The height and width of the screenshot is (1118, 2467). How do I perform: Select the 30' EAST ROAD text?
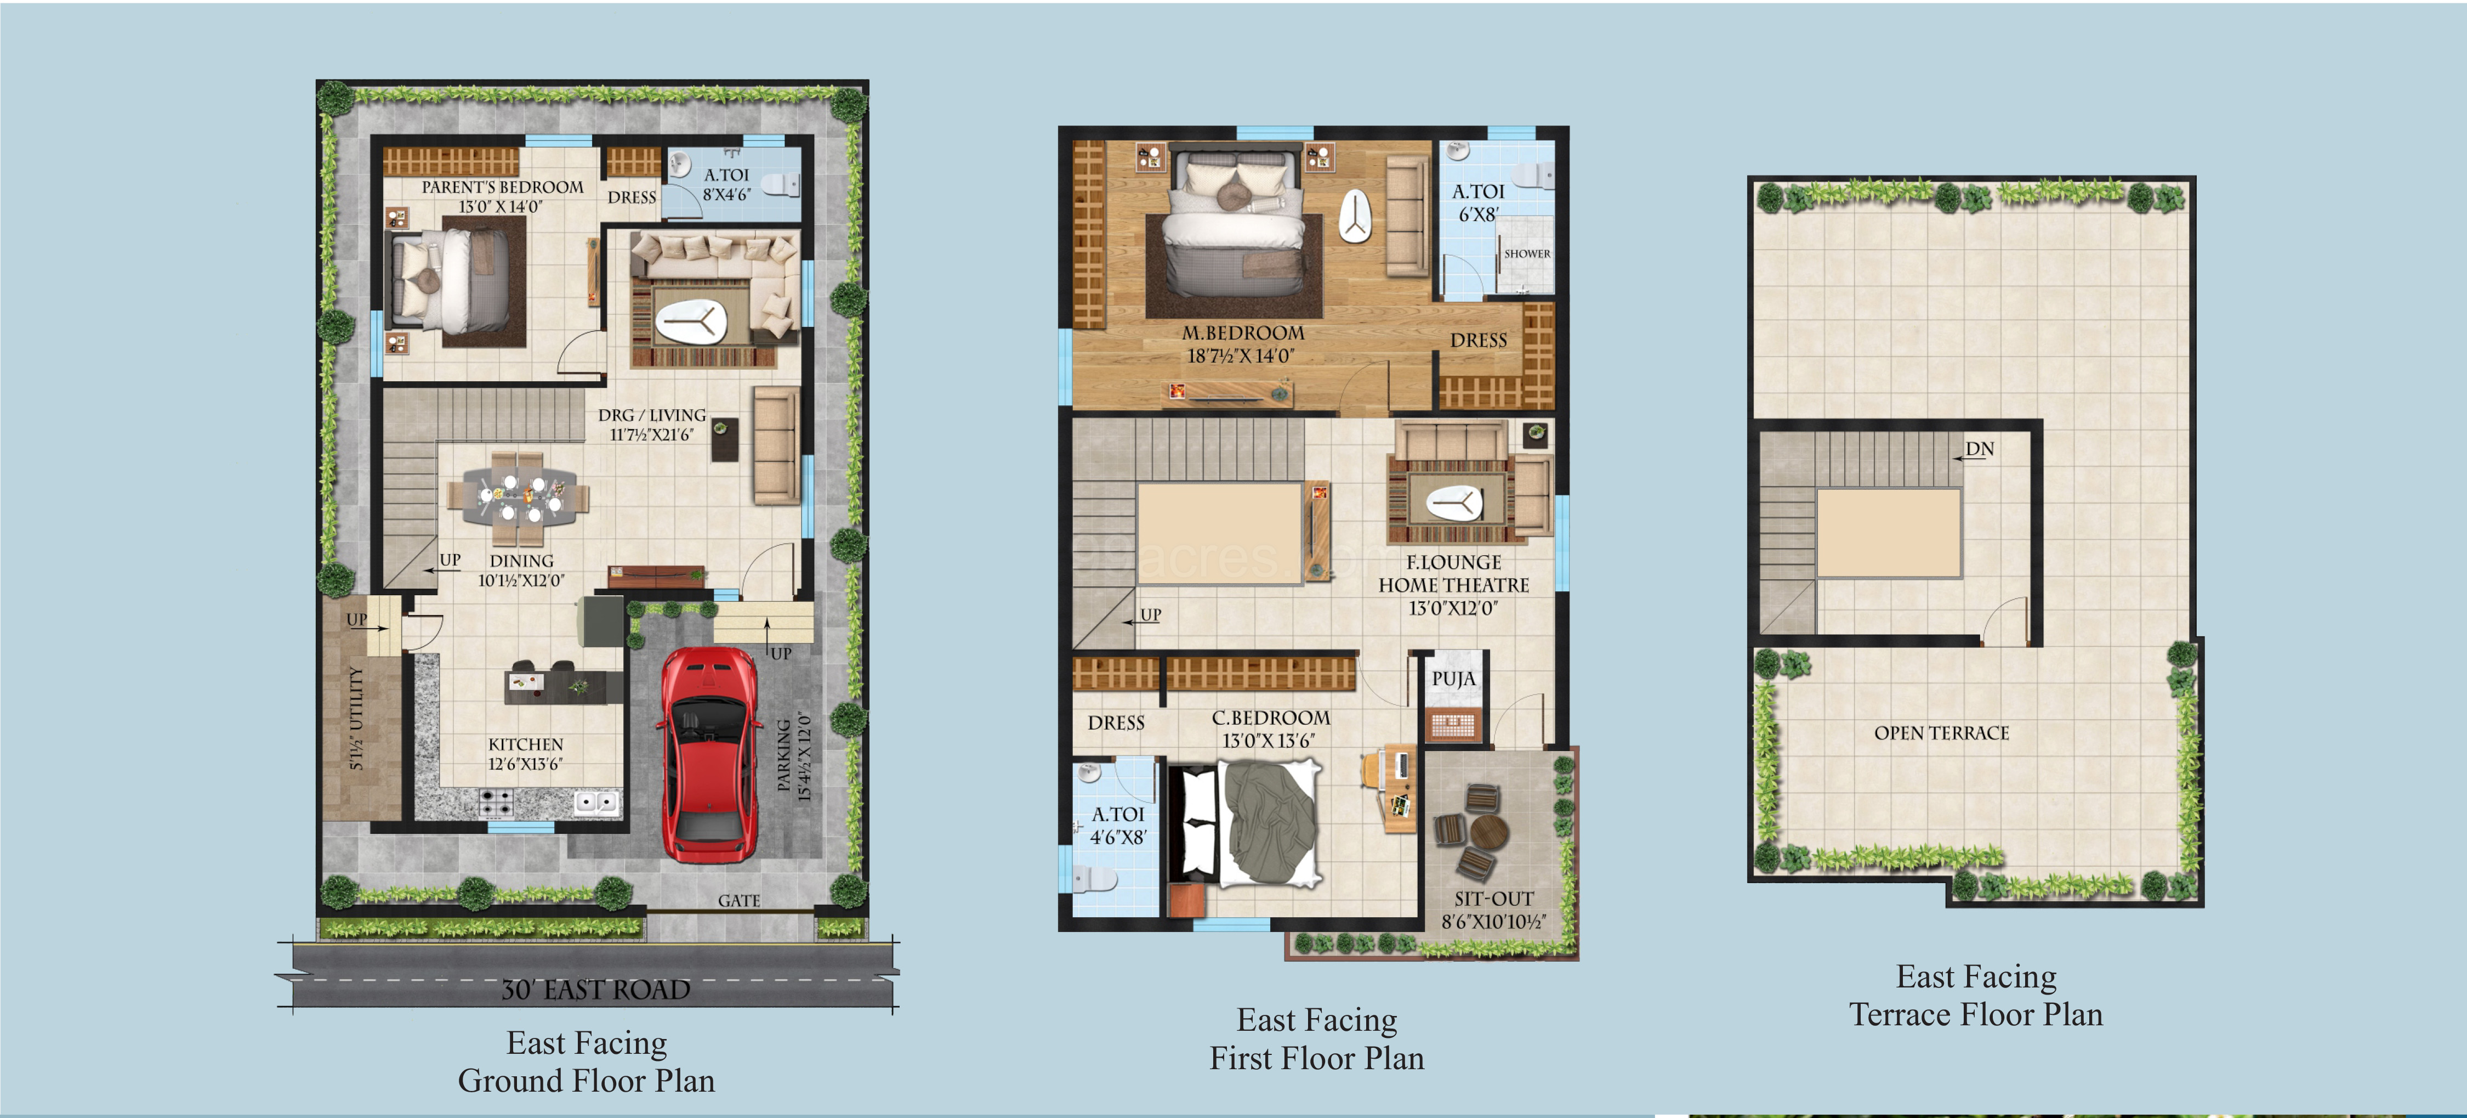[596, 990]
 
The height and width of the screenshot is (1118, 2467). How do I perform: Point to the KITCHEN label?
[526, 744]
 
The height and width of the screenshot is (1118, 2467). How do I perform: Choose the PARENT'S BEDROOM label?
[502, 187]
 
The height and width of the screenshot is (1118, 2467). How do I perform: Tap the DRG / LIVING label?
[652, 415]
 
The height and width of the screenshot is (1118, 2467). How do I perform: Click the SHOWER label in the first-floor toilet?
[1527, 254]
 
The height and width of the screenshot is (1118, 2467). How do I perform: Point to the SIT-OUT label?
[1494, 899]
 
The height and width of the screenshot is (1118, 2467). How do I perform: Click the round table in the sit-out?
[1488, 832]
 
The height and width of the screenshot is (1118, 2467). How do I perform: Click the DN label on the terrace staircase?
[1980, 448]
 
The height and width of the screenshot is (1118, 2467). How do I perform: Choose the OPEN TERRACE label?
[1941, 733]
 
